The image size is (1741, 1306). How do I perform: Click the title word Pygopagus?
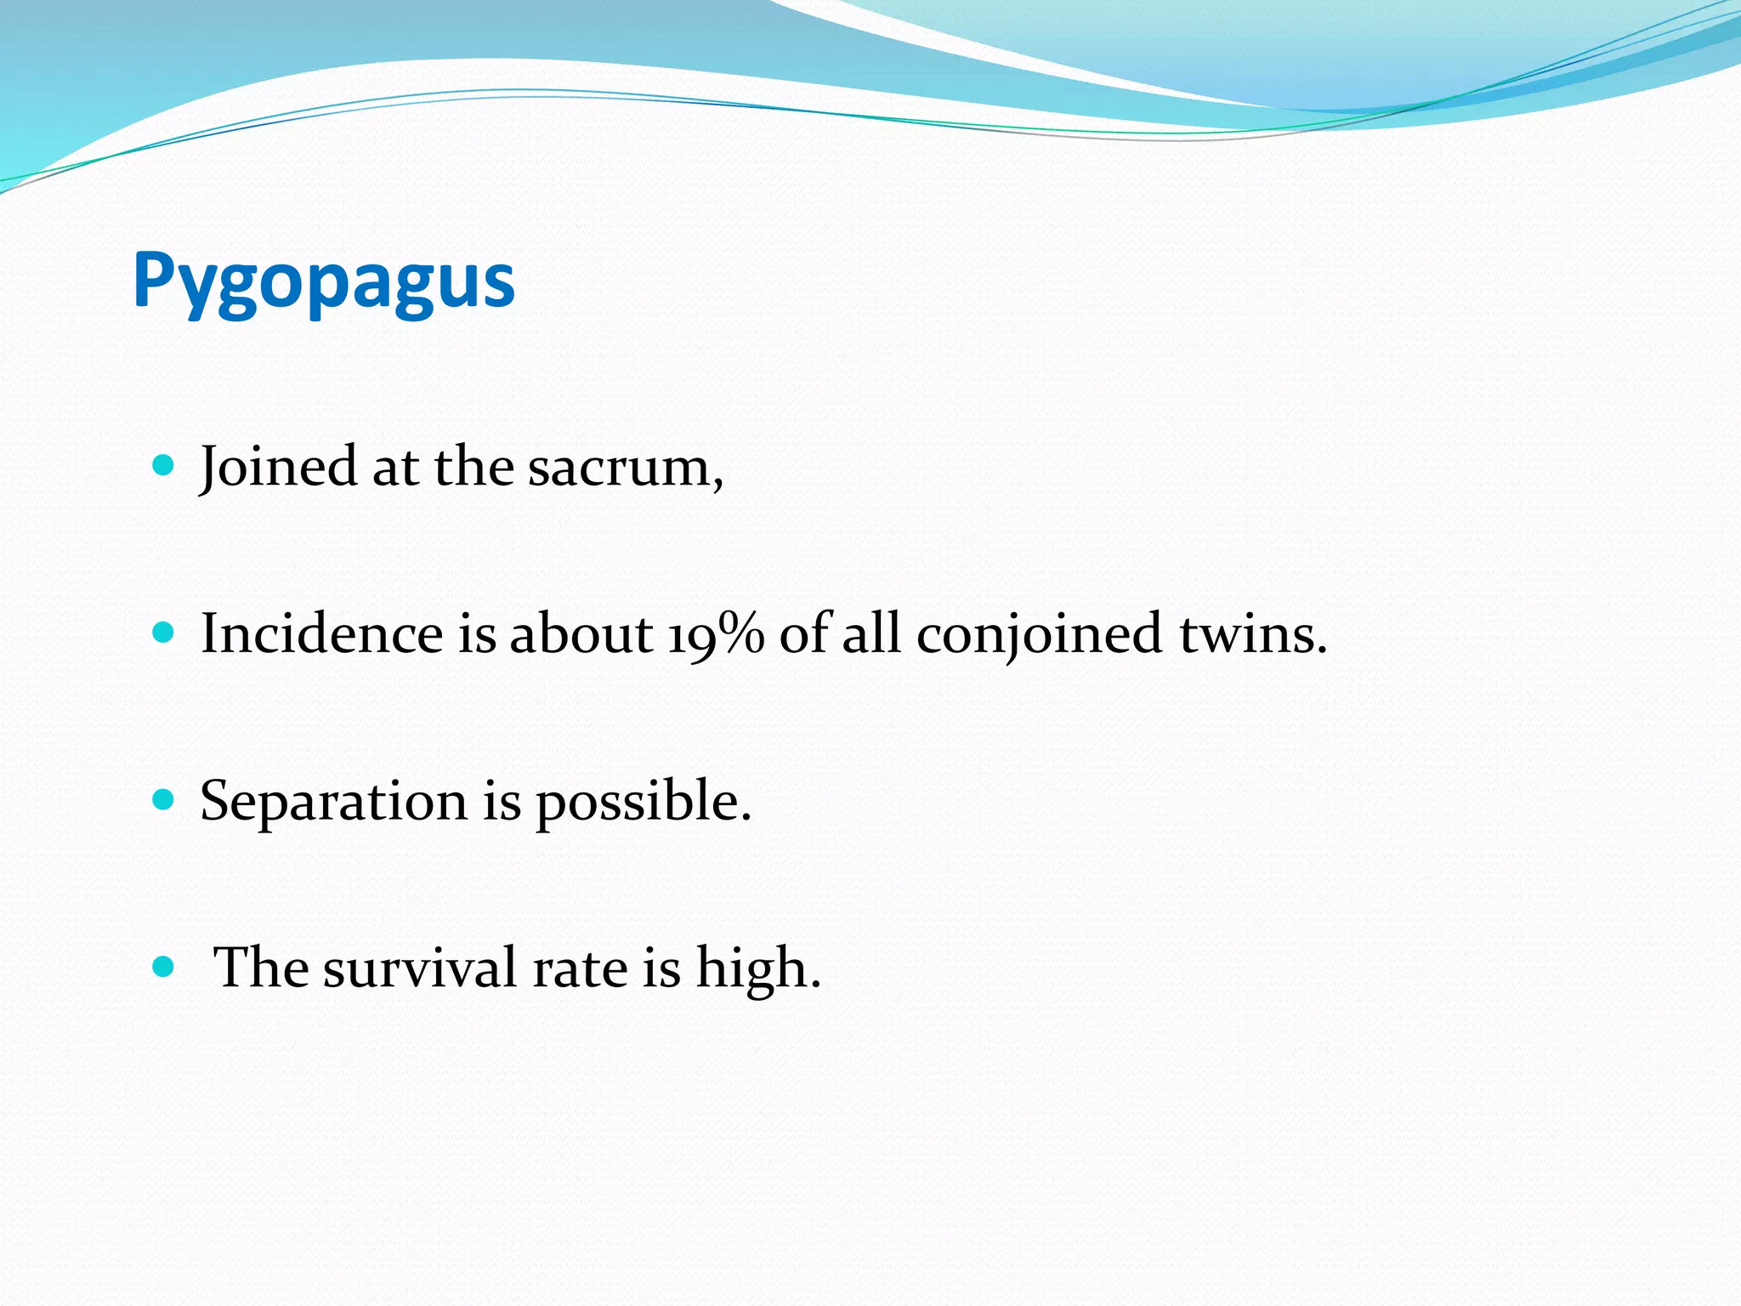324,281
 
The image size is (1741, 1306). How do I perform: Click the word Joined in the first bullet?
278,468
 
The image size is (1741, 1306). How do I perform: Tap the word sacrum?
625,468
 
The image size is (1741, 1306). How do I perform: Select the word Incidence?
321,634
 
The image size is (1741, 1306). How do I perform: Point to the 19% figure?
716,634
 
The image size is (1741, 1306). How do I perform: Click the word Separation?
333,802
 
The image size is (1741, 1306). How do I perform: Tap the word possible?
643,802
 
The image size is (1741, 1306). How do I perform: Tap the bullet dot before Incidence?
162,633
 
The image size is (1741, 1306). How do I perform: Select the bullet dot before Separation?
162,800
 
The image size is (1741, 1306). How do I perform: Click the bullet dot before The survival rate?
162,967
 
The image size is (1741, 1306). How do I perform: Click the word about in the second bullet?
581,634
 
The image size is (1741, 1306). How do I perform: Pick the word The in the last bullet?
260,968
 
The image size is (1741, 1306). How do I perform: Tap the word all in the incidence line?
870,634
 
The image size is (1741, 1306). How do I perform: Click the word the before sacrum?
474,468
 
